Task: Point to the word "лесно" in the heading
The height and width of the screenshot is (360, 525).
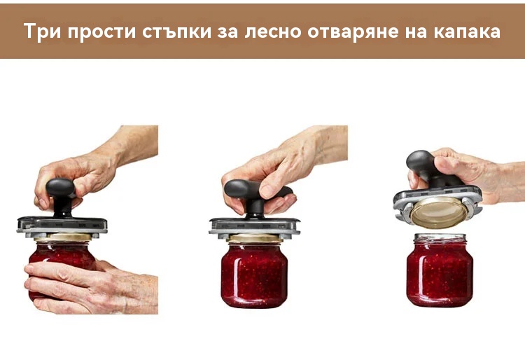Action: click(x=272, y=32)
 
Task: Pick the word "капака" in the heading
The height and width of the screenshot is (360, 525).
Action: click(x=468, y=32)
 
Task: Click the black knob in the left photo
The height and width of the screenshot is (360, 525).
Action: click(x=62, y=197)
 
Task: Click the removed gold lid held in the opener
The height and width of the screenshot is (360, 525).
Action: click(x=440, y=212)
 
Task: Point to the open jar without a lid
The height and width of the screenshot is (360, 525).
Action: click(x=440, y=270)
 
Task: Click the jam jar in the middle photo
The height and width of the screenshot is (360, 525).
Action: click(x=255, y=274)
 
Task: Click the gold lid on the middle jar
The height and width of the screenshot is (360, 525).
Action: click(x=255, y=238)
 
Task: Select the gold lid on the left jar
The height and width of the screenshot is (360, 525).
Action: click(x=63, y=237)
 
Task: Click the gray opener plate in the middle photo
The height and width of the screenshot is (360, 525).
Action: click(x=255, y=226)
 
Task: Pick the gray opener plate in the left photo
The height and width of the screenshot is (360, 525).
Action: click(x=62, y=226)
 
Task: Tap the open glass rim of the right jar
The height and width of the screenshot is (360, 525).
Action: click(x=440, y=238)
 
